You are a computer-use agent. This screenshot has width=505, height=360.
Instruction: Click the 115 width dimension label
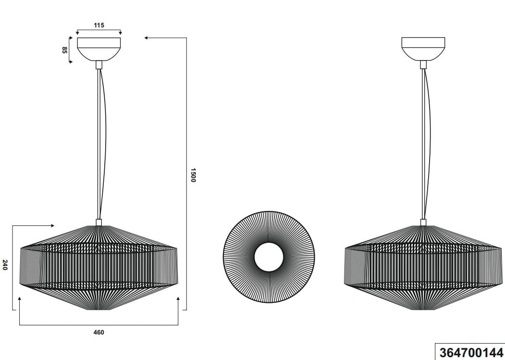click(99, 25)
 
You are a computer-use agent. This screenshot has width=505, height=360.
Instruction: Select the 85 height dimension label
click(64, 50)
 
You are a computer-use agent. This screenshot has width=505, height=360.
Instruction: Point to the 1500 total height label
click(193, 175)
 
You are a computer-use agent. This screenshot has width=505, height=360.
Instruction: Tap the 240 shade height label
click(5, 265)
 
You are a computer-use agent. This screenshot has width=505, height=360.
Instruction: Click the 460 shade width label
click(99, 332)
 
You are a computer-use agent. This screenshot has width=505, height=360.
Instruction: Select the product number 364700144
click(470, 352)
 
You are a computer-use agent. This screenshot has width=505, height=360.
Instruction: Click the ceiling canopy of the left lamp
click(99, 49)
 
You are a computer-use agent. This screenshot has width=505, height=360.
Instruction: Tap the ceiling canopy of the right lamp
click(423, 49)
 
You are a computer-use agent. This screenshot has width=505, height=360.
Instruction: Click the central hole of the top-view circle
click(269, 258)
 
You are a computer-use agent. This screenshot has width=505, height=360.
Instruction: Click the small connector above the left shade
click(99, 222)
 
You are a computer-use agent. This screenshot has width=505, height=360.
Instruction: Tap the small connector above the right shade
click(423, 222)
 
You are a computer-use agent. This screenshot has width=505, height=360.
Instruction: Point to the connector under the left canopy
click(99, 64)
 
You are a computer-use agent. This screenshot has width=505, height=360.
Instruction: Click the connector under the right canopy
click(423, 64)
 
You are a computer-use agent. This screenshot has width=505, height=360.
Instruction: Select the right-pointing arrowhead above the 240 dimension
click(52, 225)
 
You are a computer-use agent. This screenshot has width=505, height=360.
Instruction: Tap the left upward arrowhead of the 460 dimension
click(19, 299)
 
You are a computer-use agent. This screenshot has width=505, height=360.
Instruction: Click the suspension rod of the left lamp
click(99, 144)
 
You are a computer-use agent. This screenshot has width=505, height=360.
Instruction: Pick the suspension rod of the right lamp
click(423, 144)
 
